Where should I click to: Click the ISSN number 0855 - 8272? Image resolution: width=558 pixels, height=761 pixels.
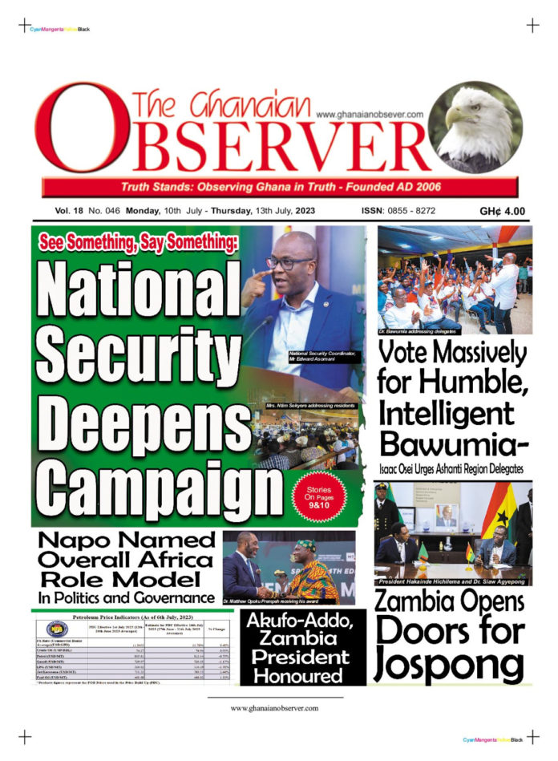[x=398, y=211]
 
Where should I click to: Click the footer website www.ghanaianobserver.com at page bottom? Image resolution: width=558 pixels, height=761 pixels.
[x=274, y=708]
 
